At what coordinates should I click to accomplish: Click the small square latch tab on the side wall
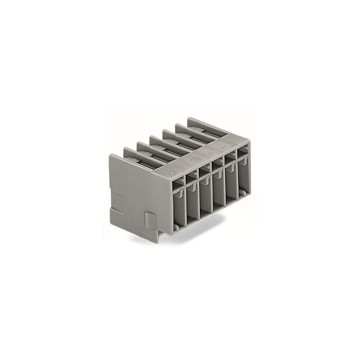coord(150,220)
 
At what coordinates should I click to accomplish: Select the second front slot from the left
coord(192,203)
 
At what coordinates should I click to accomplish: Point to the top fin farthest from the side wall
coord(198,123)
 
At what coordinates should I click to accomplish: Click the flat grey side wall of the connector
coord(135,191)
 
